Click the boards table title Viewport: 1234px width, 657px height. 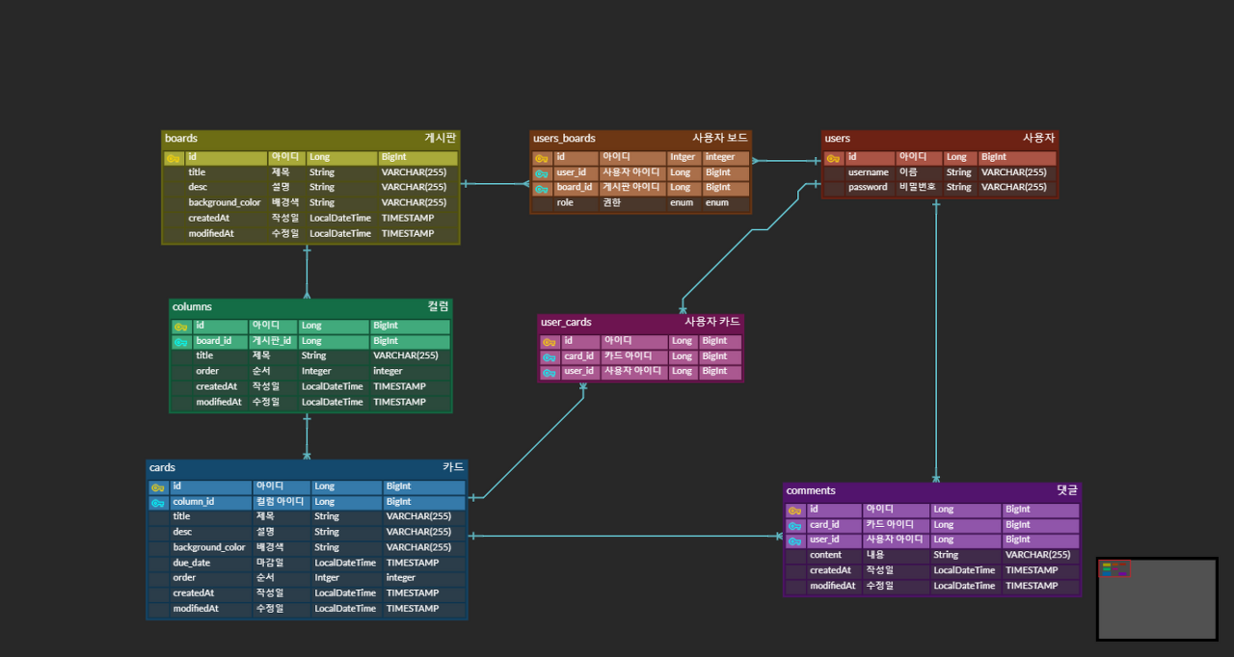pyautogui.click(x=181, y=139)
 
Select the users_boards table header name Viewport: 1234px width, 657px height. pyautogui.click(x=564, y=139)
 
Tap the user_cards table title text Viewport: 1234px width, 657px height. pyautogui.click(x=566, y=322)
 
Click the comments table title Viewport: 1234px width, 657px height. pyautogui.click(x=810, y=490)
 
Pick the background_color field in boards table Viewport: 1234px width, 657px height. pyautogui.click(x=224, y=202)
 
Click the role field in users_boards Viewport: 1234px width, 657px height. pyautogui.click(x=565, y=203)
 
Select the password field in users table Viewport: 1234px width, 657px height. pyautogui.click(x=868, y=187)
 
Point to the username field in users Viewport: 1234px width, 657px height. pyautogui.click(x=868, y=172)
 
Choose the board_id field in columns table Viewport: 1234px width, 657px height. pyautogui.click(x=213, y=341)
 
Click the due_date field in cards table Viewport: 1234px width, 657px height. pyautogui.click(x=191, y=563)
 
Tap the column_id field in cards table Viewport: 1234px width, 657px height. pyautogui.click(x=193, y=502)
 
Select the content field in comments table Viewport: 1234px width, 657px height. pyautogui.click(x=825, y=555)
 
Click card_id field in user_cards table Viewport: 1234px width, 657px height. pyautogui.click(x=579, y=356)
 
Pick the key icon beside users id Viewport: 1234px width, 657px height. pyautogui.click(x=833, y=158)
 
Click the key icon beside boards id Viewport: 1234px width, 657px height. pyautogui.click(x=174, y=158)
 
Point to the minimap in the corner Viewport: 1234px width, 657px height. pyautogui.click(x=1157, y=598)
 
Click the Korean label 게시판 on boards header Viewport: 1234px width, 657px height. pyautogui.click(x=440, y=139)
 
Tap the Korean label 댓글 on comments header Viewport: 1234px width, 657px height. pyautogui.click(x=1066, y=490)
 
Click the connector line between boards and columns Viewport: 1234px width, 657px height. pyautogui.click(x=307, y=272)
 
